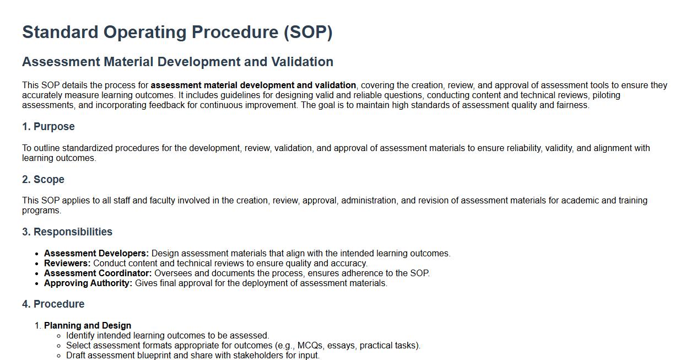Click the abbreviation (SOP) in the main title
(308, 33)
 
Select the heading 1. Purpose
(48, 127)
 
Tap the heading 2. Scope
(43, 179)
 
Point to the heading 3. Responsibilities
(67, 232)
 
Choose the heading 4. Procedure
(53, 304)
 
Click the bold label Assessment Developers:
(96, 254)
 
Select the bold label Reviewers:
(67, 264)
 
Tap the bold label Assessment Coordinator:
(98, 273)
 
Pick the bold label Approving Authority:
(88, 283)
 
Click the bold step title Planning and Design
(88, 325)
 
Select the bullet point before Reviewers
(37, 264)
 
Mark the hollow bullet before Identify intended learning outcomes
(59, 336)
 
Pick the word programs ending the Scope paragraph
(41, 211)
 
